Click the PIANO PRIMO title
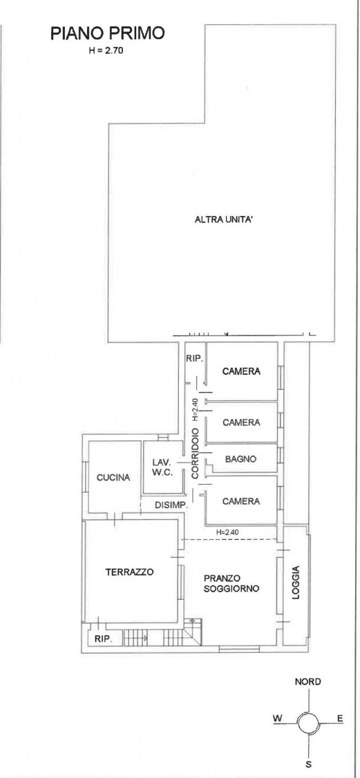click(107, 33)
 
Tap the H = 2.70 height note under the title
click(106, 51)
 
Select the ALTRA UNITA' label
click(223, 219)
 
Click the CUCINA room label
click(114, 477)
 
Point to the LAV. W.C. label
click(162, 467)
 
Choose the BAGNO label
click(240, 459)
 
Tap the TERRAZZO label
click(130, 571)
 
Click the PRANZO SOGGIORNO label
click(231, 583)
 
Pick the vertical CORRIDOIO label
click(195, 454)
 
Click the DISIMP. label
click(171, 505)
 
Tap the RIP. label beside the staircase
click(103, 638)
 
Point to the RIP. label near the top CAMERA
click(194, 358)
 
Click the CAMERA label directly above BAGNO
click(241, 423)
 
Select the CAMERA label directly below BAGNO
click(241, 501)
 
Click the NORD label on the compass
click(308, 682)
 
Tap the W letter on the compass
click(277, 718)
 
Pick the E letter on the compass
click(340, 718)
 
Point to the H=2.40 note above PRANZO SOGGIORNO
click(227, 532)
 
